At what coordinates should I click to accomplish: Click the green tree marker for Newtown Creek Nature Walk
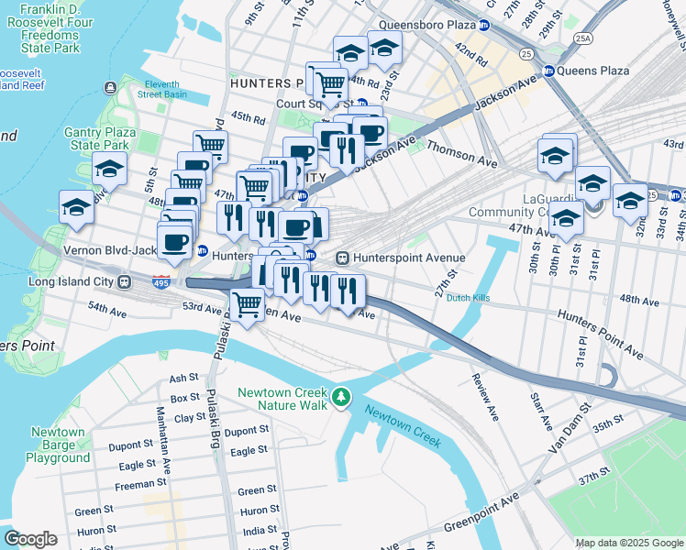click(x=341, y=396)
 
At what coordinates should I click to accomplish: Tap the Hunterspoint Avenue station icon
click(x=344, y=258)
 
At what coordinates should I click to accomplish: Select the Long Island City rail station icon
click(x=122, y=281)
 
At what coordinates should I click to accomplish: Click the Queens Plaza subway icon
click(x=548, y=71)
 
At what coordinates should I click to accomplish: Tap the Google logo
click(x=30, y=539)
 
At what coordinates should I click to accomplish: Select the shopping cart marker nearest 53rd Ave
click(x=246, y=304)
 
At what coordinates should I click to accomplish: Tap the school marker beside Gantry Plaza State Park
click(x=109, y=169)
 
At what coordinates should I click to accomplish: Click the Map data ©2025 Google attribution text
click(x=628, y=543)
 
